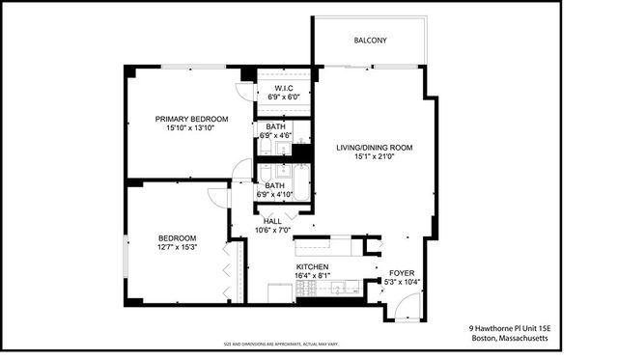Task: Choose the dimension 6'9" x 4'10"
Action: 275,195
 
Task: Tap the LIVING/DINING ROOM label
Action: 374,148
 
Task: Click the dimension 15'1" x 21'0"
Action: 374,158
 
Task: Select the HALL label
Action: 272,221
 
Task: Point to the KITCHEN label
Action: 312,266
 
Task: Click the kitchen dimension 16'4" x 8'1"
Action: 312,276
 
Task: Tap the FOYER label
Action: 400,272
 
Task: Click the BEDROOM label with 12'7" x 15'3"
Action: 178,238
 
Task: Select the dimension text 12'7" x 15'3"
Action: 178,248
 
